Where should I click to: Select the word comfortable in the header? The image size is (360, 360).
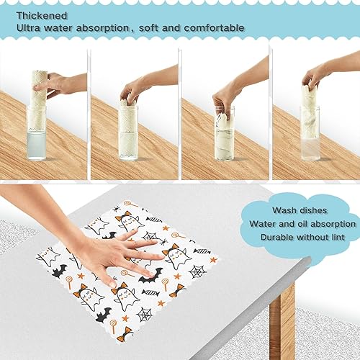(211, 28)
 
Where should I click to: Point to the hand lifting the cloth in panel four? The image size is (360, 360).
(317, 75)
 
